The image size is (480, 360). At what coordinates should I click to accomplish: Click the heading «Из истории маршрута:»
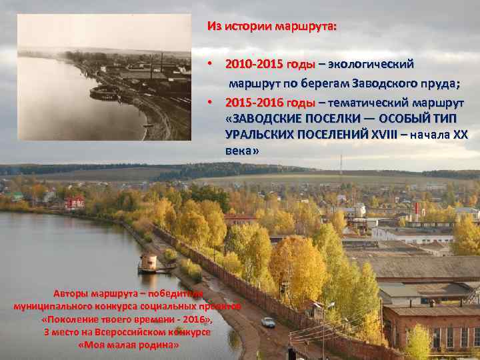point(272,27)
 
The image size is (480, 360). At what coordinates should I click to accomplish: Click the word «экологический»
point(371,65)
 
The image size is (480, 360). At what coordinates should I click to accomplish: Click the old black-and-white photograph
point(103,78)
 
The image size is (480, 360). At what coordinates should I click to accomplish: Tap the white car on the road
point(268,322)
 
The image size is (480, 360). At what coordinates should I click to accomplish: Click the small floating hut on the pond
point(148,263)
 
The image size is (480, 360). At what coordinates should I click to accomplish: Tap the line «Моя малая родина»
point(129,345)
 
